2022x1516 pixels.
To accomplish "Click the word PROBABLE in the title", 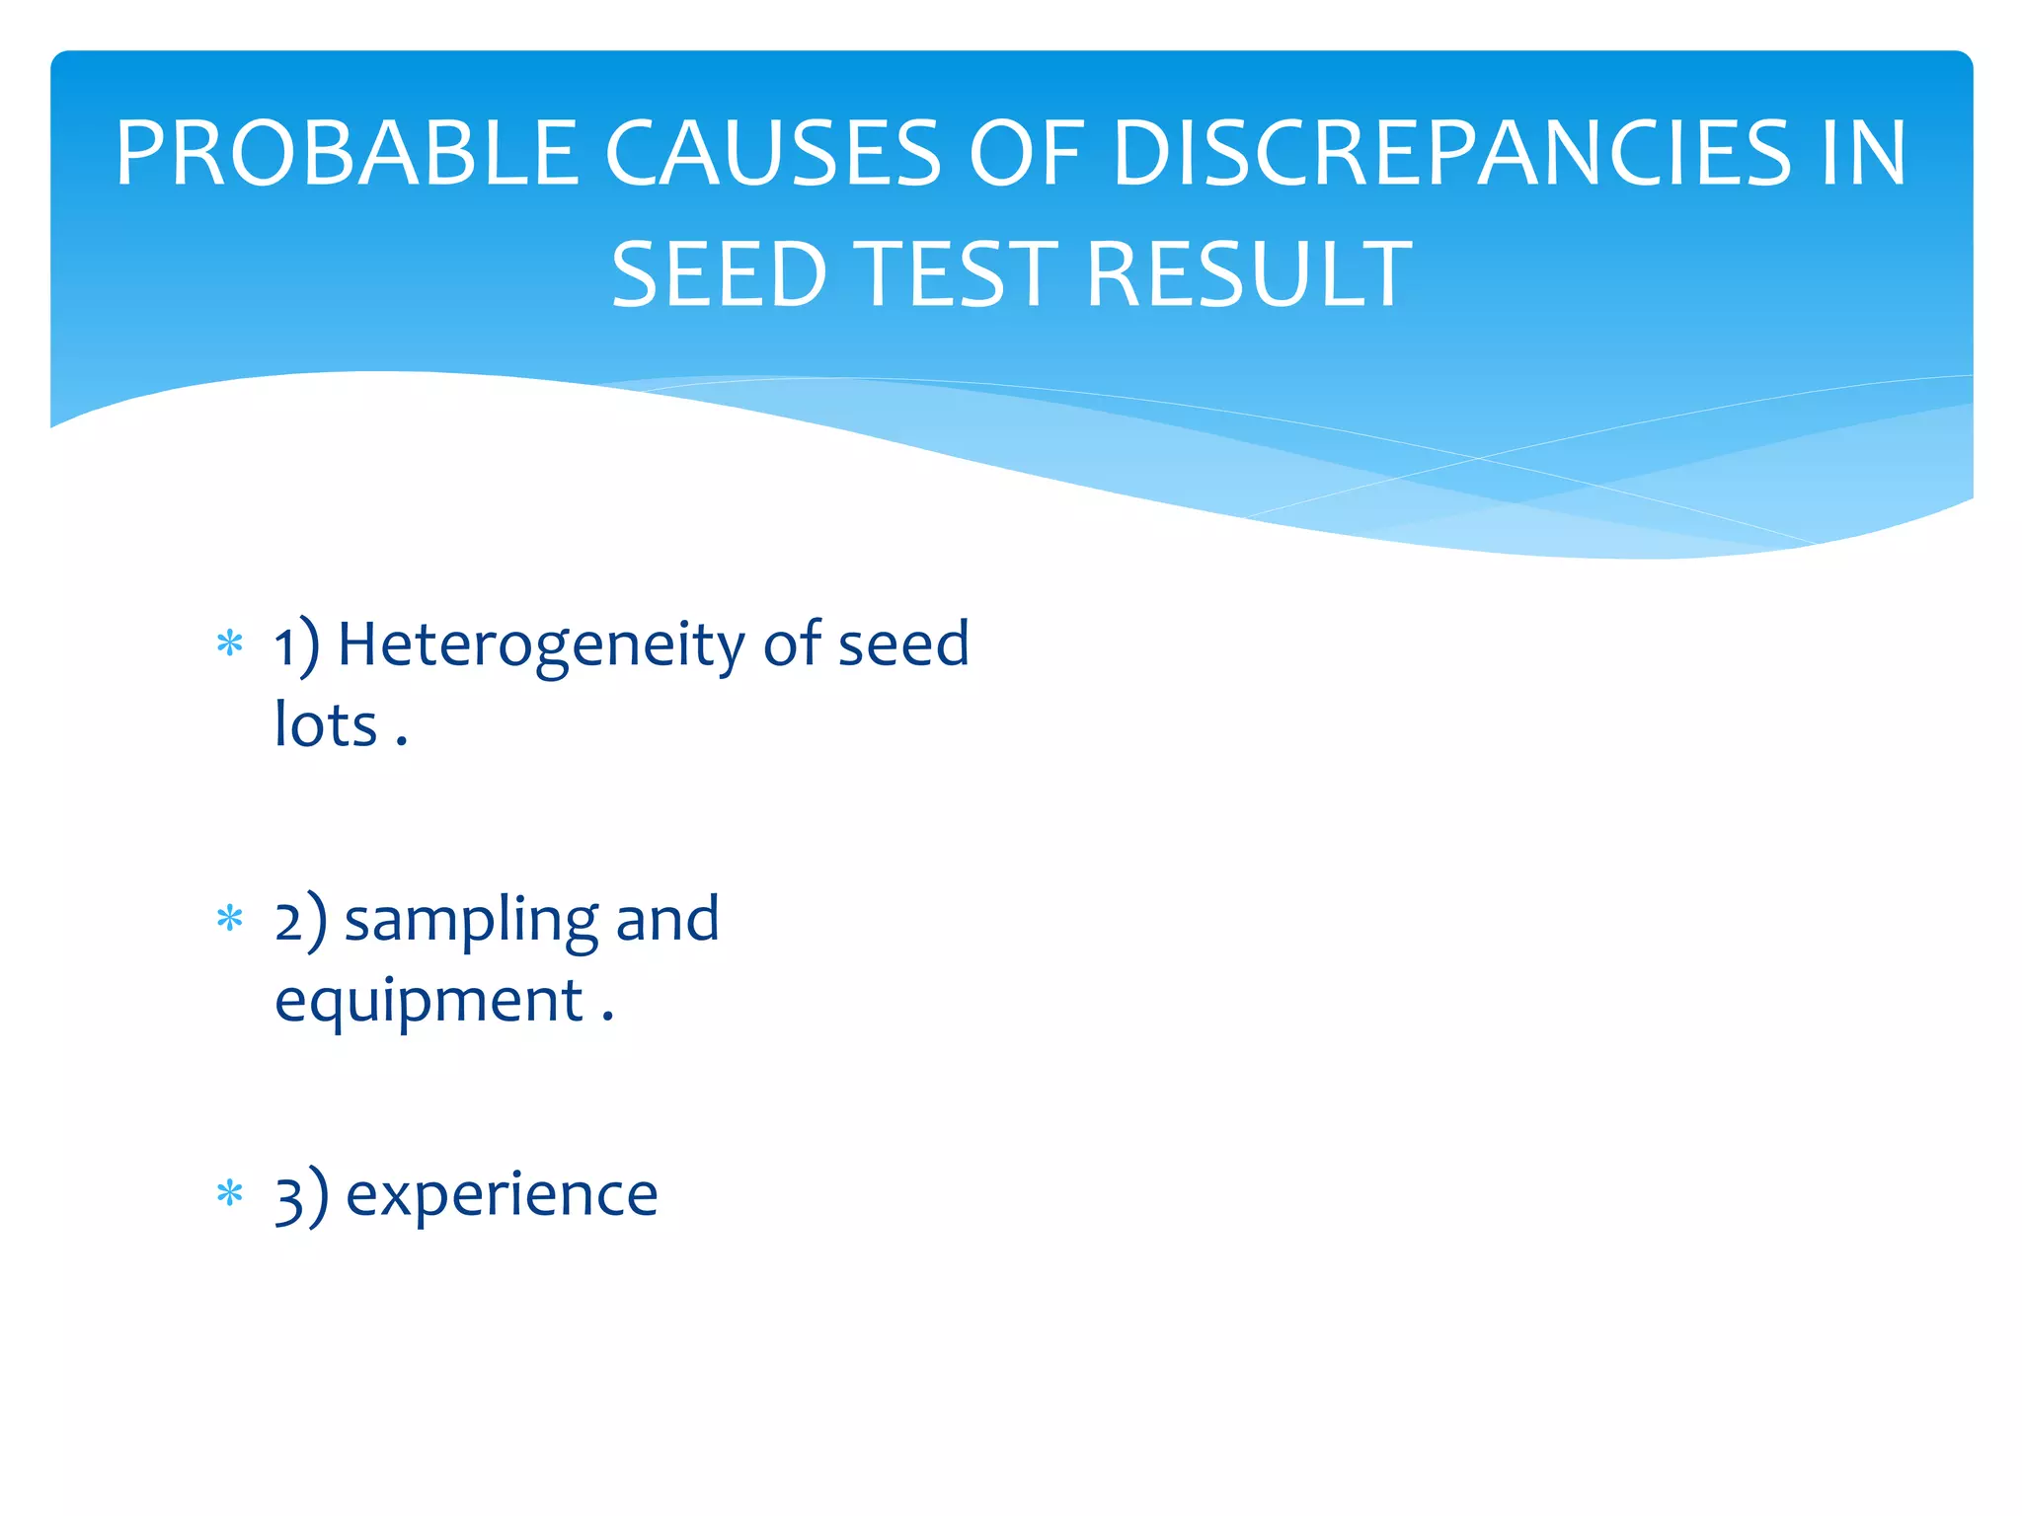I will pos(346,153).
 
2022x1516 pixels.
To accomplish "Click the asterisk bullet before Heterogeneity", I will pos(230,644).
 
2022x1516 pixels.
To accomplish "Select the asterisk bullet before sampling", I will pos(230,919).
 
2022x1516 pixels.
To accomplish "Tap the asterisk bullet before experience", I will pos(230,1193).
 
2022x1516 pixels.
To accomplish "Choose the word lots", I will pos(325,725).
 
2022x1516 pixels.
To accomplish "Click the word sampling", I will pos(471,921).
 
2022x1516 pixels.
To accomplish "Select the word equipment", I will pos(429,1003).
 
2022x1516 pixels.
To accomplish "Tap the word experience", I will pos(502,1195).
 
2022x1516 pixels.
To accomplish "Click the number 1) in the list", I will pos(296,646).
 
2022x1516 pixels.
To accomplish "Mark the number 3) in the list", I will pos(300,1196).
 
